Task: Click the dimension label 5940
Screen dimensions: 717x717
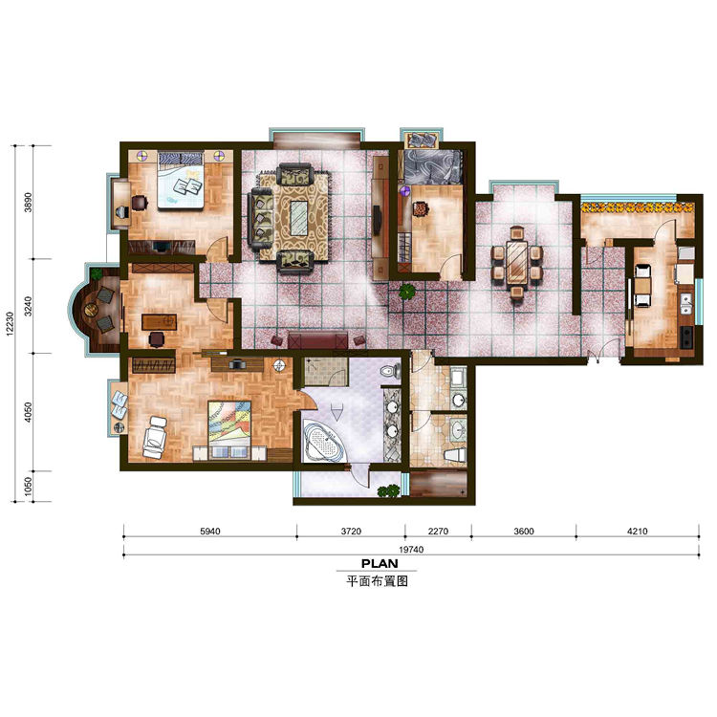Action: (x=210, y=532)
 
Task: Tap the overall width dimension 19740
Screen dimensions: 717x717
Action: (x=411, y=550)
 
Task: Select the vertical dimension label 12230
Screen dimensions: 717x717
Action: (x=11, y=324)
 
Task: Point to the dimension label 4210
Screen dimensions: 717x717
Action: (x=637, y=532)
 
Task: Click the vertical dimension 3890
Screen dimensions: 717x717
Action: (x=29, y=202)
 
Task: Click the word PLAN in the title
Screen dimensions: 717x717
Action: (x=380, y=564)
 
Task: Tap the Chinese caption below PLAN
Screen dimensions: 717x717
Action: (x=377, y=581)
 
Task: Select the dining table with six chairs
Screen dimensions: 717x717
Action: (x=517, y=262)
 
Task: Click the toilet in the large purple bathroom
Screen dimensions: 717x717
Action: (x=389, y=370)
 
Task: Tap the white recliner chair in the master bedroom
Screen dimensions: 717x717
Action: (x=155, y=437)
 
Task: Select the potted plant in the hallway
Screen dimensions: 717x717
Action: (x=406, y=292)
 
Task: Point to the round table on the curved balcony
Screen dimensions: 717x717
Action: (x=92, y=311)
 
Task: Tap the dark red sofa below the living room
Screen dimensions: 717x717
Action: (x=317, y=340)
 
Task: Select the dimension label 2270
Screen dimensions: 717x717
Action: (x=438, y=532)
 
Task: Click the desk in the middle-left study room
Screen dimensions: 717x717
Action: (x=159, y=321)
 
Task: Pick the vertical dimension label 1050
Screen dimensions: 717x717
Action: (x=29, y=486)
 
